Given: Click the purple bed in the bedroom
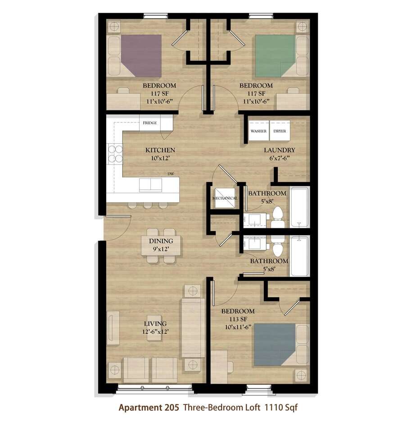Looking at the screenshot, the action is tap(141, 55).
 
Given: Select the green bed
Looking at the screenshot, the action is tap(275, 55).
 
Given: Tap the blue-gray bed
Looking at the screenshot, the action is tap(275, 345).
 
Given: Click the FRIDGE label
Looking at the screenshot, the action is tap(150, 123).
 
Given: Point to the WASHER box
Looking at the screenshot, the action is tap(258, 131).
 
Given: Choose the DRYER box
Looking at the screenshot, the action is tap(280, 131).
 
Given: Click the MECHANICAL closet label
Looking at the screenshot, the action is tap(225, 198).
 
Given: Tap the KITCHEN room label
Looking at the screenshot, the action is tap(160, 150).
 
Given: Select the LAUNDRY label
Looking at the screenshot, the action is tap(279, 150).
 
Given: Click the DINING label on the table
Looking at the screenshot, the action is tap(161, 241).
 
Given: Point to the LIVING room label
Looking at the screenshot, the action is tap(155, 324).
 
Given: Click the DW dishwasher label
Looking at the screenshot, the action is tap(171, 174).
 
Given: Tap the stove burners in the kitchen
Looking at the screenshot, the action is tap(115, 154).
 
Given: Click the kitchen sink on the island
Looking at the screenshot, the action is tap(150, 185).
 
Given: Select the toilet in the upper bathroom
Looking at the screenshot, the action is tap(277, 218).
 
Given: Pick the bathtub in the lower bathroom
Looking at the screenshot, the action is tap(299, 256).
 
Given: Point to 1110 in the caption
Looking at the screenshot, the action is tap(273, 407).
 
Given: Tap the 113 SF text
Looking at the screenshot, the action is tap(238, 319).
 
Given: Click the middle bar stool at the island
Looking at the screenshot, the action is tap(148, 205).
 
